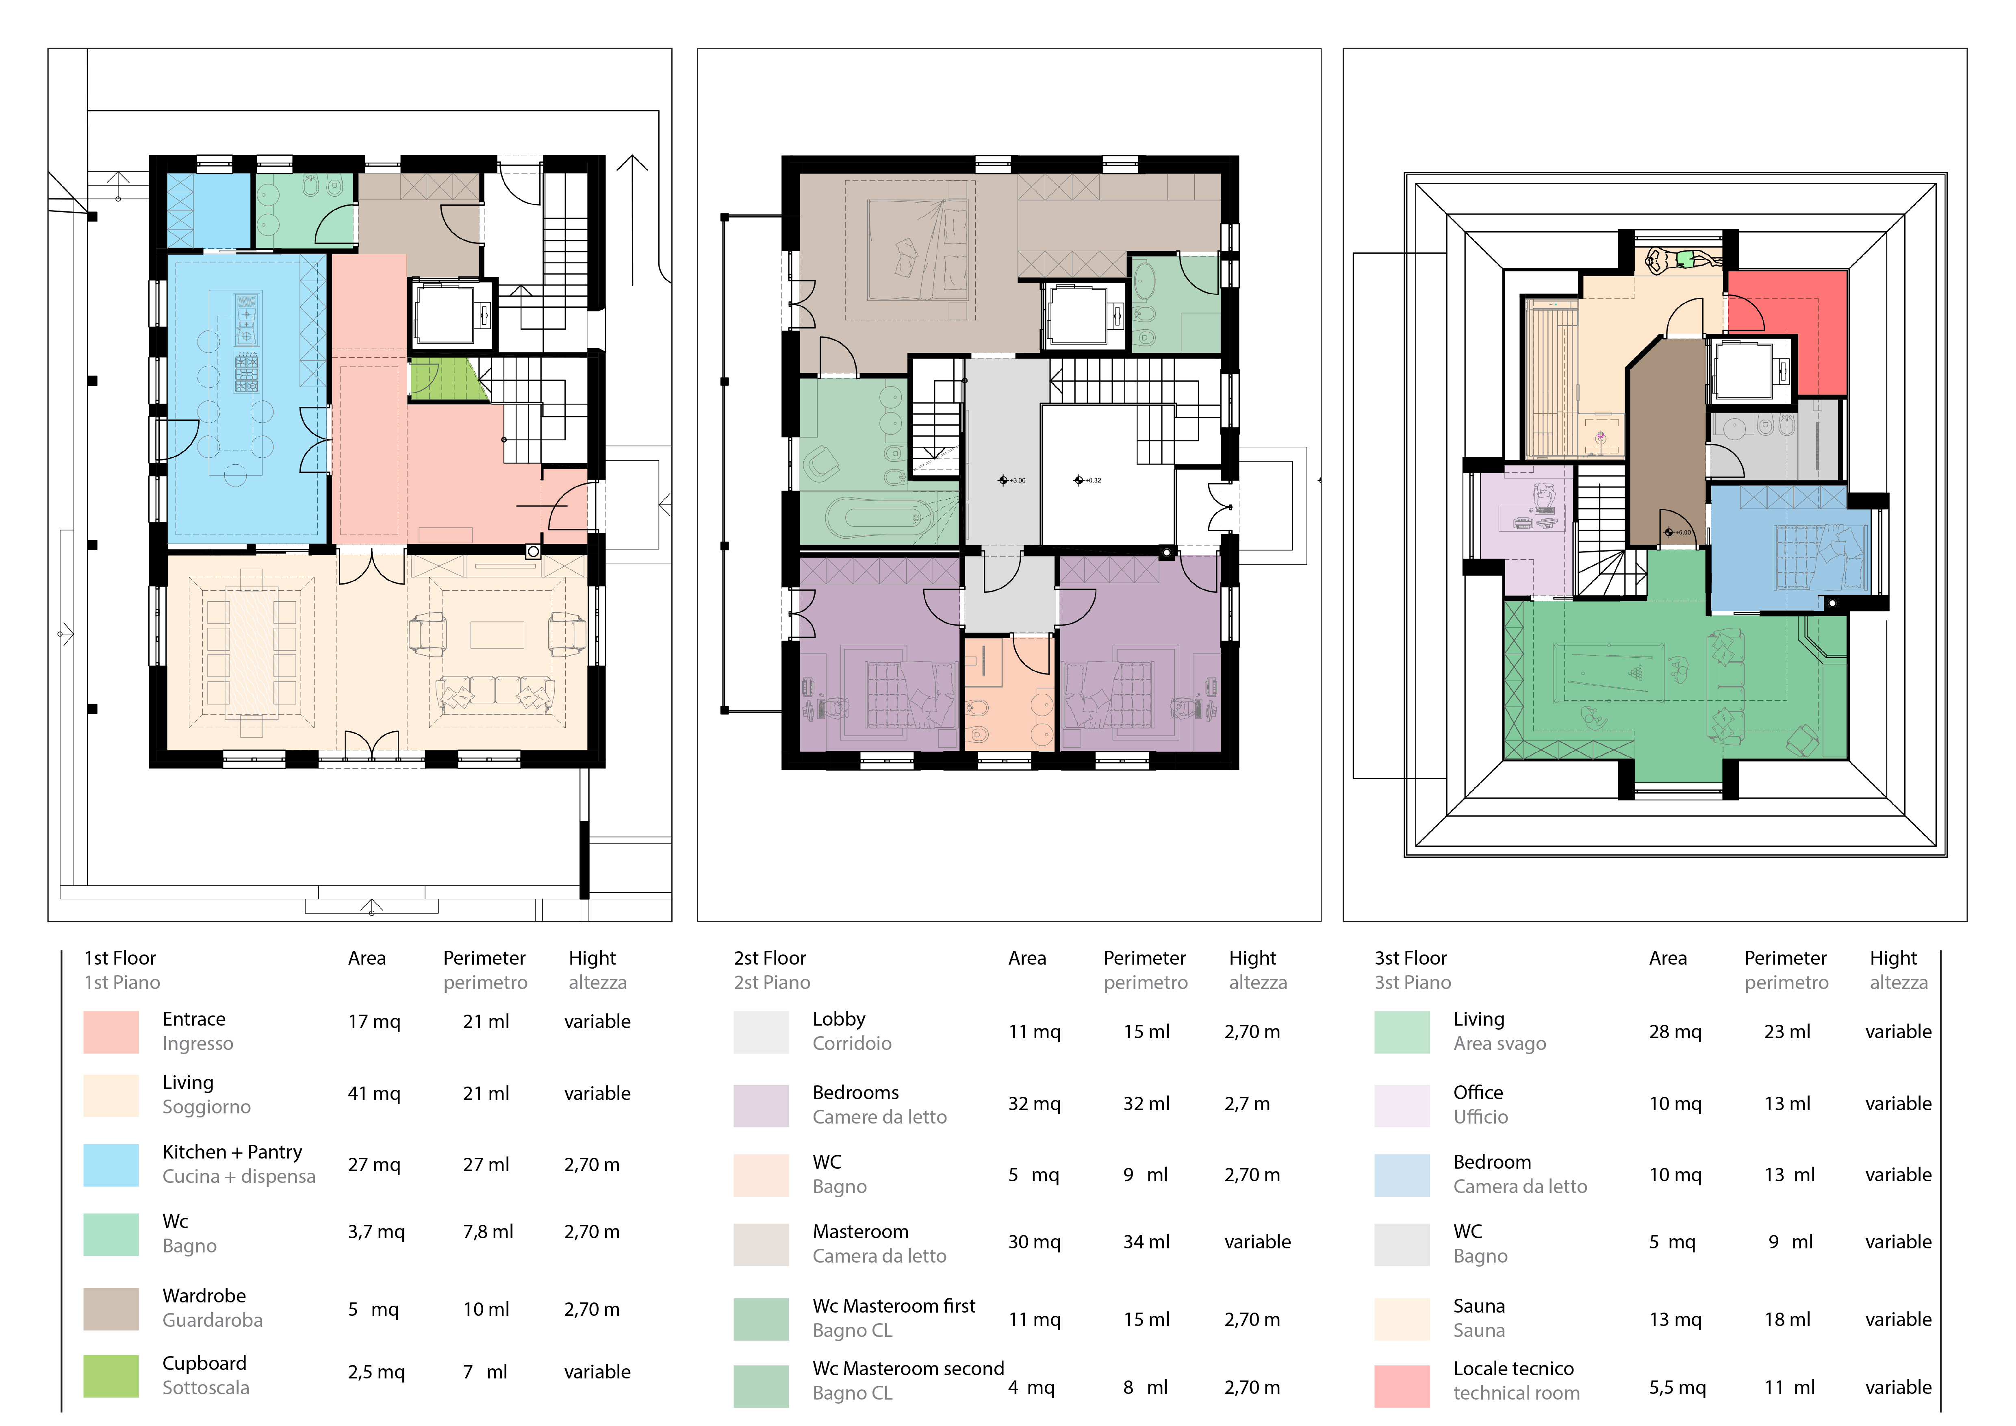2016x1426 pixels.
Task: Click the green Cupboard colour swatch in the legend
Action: click(111, 1376)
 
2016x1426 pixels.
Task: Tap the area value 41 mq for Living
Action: click(374, 1093)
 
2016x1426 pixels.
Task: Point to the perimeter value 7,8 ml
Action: click(488, 1232)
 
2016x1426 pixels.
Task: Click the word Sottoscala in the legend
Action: click(206, 1387)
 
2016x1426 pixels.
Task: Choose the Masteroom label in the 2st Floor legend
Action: click(861, 1231)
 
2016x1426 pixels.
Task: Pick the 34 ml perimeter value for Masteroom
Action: click(1146, 1241)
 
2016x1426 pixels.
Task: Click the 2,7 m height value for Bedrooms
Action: click(1247, 1104)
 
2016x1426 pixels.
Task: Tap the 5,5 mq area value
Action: click(1677, 1387)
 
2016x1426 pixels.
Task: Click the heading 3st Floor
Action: click(1410, 958)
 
